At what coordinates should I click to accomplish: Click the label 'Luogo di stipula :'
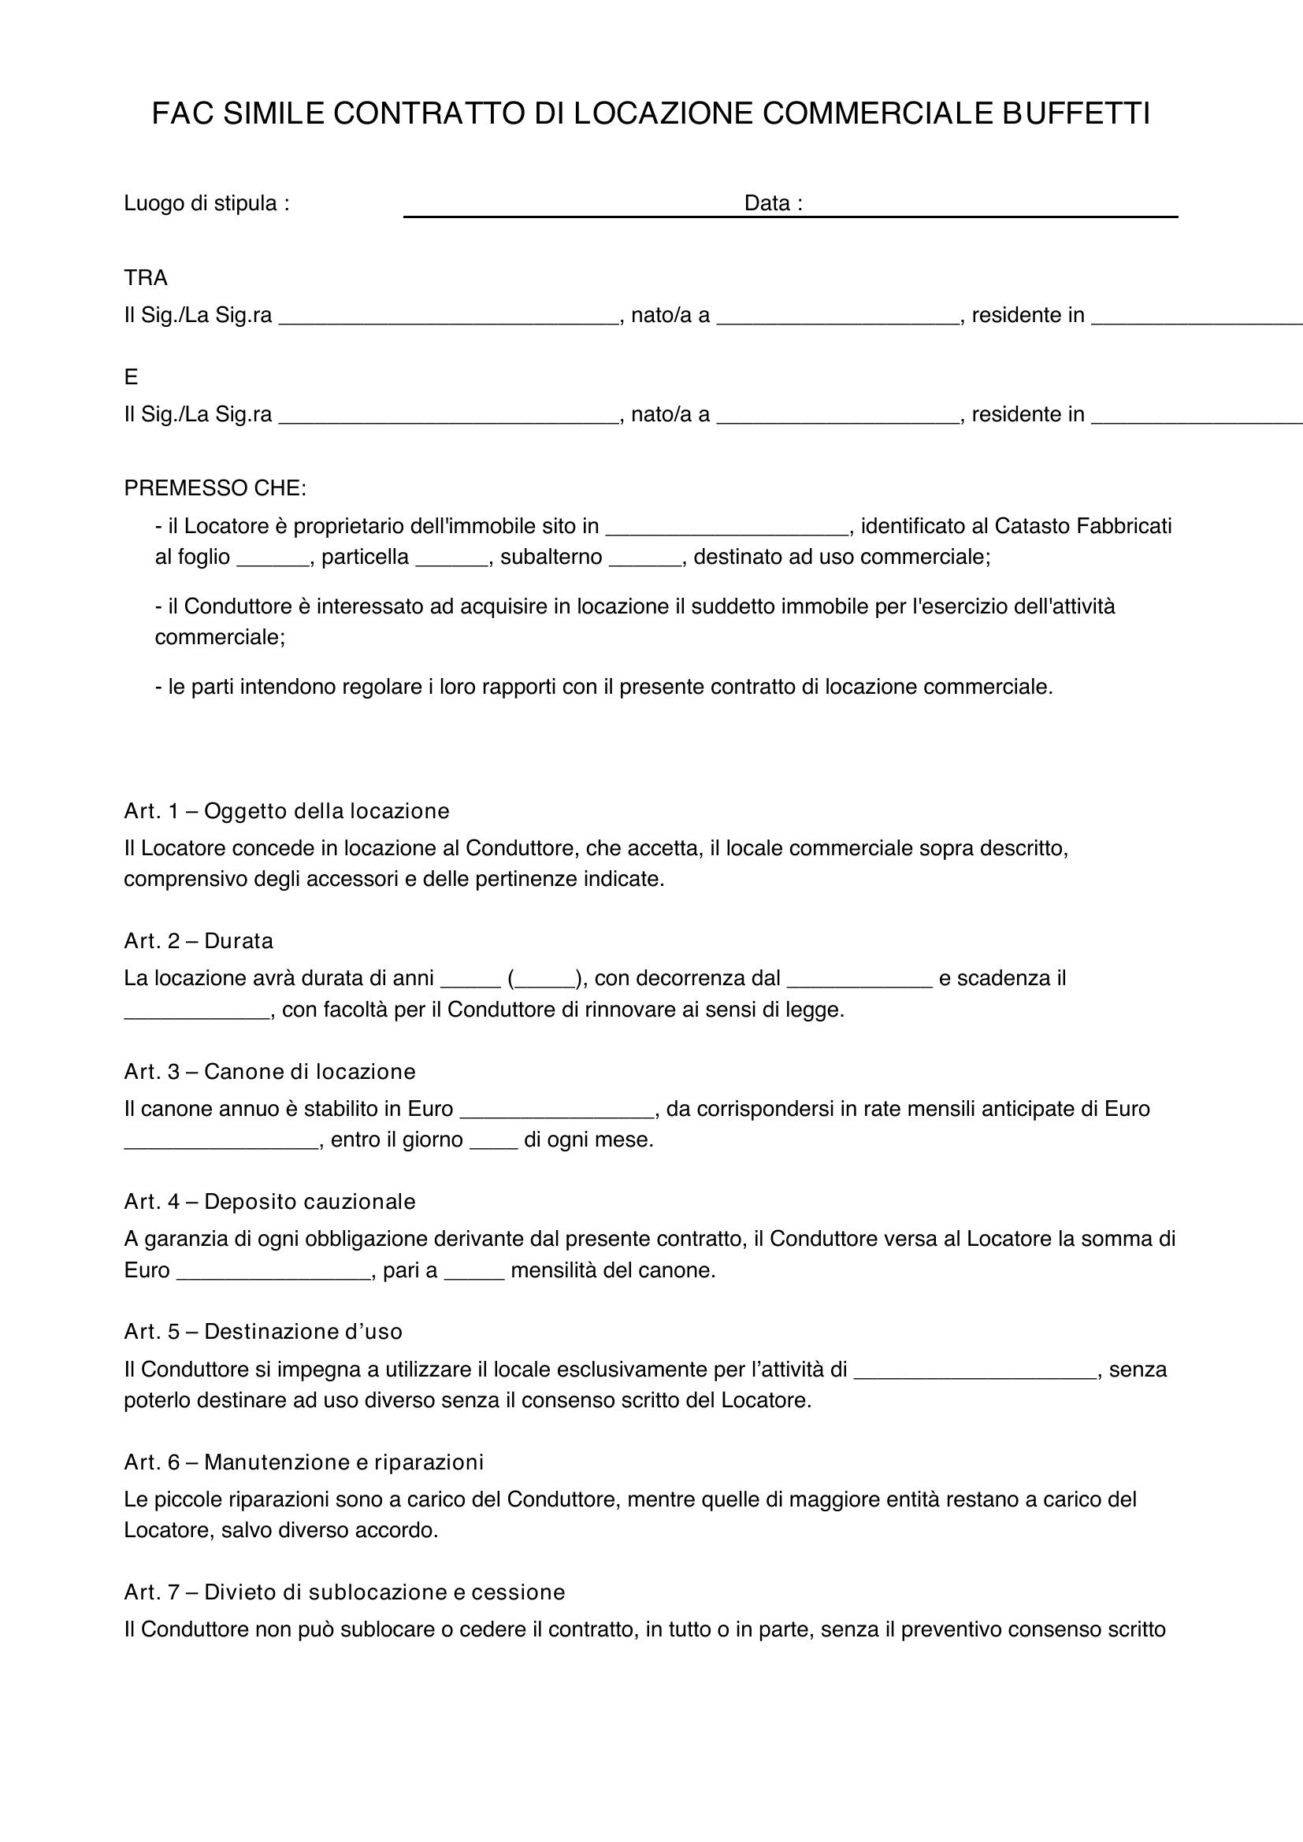coord(206,204)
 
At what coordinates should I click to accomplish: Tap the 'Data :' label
coord(773,204)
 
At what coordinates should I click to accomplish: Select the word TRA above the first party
coord(145,278)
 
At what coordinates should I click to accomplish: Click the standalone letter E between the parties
coord(131,377)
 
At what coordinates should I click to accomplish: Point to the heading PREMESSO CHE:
coord(215,487)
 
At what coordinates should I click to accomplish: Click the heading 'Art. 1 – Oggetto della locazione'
coord(287,811)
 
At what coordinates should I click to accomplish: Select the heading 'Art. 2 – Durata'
coord(199,940)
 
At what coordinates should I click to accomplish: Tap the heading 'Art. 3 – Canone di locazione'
coord(269,1071)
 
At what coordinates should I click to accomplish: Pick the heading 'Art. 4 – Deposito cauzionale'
coord(269,1201)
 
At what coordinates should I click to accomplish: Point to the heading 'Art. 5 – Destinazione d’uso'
coord(263,1331)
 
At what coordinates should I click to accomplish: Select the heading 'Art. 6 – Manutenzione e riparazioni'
coord(303,1462)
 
